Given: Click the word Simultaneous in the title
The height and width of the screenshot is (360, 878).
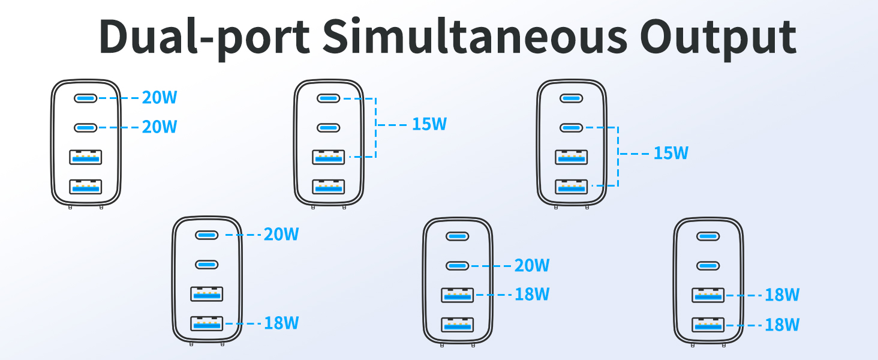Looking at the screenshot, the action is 474,35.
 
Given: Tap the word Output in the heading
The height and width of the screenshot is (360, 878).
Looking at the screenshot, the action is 718,38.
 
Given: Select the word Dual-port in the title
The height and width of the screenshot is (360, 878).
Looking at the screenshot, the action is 205,38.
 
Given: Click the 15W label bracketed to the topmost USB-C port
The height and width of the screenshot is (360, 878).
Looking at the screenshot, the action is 429,124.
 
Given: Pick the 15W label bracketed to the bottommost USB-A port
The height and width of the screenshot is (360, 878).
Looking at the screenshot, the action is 670,154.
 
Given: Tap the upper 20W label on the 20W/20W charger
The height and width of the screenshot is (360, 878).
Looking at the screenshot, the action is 160,98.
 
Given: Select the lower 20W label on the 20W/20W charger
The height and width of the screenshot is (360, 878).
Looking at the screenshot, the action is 160,127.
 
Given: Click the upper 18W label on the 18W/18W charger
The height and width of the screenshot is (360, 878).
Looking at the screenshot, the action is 782,295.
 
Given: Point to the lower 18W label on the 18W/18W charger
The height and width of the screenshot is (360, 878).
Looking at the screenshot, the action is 782,325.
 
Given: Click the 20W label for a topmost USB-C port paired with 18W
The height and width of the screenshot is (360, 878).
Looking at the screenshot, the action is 281,235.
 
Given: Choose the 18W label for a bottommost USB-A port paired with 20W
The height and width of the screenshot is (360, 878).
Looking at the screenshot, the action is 281,323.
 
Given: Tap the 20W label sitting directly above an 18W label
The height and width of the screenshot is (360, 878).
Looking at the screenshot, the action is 532,265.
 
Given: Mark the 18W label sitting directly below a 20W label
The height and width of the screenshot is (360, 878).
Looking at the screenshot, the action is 532,294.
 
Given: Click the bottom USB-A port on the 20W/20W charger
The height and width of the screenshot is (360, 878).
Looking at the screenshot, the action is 85,187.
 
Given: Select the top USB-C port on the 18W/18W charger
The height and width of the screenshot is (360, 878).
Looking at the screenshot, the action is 708,236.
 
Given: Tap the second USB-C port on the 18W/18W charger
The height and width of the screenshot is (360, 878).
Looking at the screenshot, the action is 708,266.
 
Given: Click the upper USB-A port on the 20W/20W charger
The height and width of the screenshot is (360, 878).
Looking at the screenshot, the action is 85,157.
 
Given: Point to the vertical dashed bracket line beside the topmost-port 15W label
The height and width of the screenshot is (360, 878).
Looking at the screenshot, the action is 375,127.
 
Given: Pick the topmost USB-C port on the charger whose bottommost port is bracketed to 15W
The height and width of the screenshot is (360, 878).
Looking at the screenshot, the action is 572,98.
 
